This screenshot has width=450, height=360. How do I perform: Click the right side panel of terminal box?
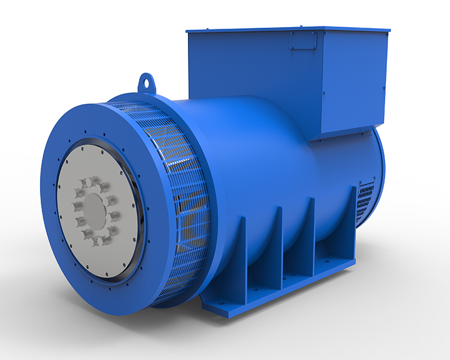[354, 79]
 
